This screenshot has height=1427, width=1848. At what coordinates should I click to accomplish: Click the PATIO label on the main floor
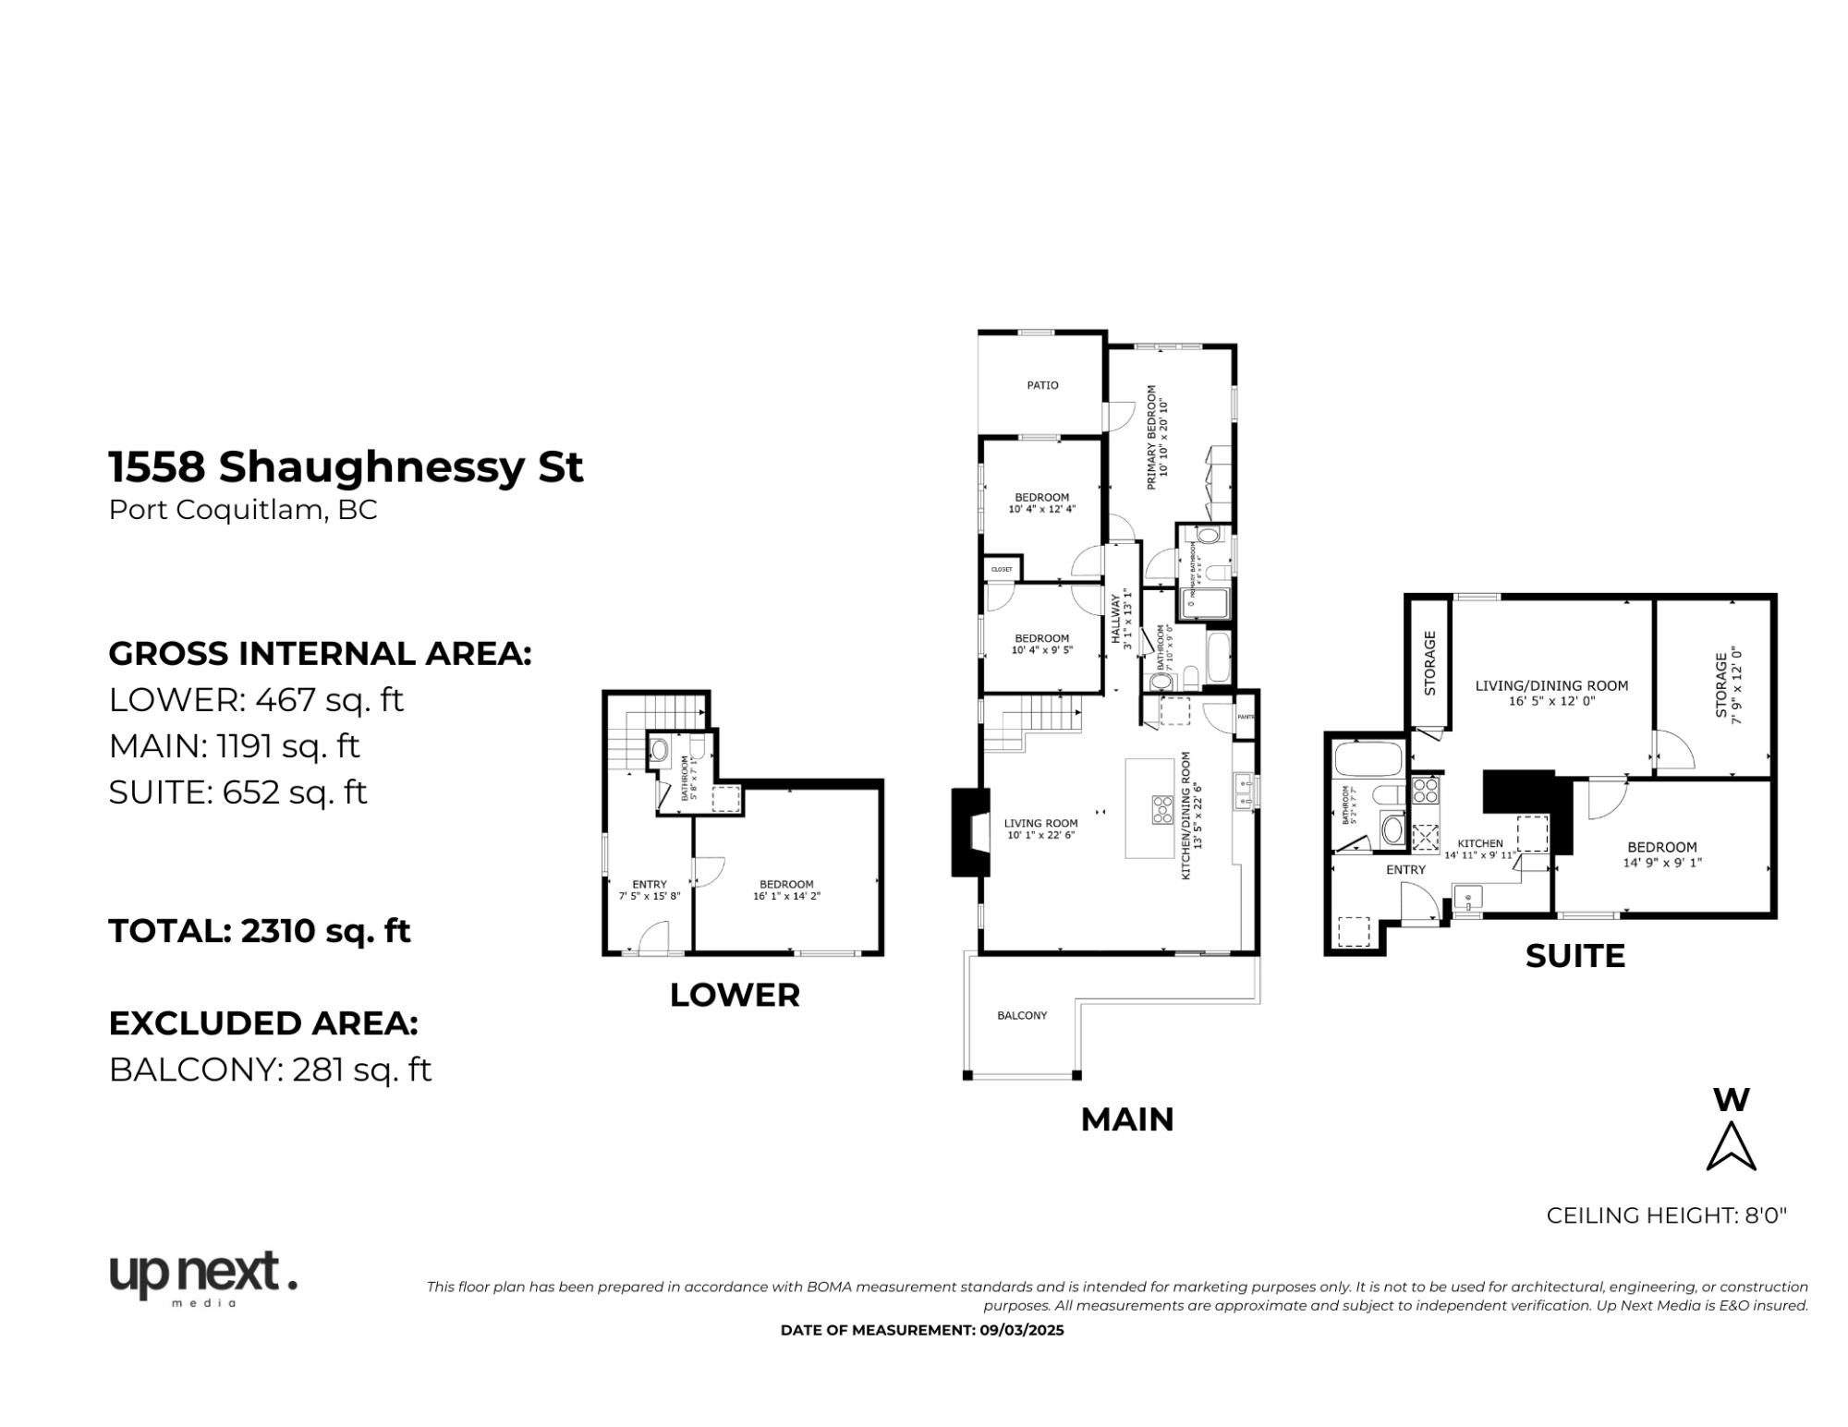tap(1042, 385)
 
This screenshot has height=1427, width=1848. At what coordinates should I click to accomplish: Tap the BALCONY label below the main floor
tap(1022, 1015)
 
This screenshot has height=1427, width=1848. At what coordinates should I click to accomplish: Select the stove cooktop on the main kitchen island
tap(1161, 808)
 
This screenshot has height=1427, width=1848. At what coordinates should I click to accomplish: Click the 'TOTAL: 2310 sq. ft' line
tap(260, 930)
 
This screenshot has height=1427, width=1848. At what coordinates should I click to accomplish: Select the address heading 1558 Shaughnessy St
tap(346, 466)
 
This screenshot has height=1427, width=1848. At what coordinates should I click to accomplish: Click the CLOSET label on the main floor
tap(1002, 569)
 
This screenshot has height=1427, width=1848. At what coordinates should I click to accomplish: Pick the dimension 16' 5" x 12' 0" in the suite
tap(1551, 701)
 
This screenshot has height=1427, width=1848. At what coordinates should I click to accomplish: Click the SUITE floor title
tap(1574, 956)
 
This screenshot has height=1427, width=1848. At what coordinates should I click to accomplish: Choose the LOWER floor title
tap(735, 995)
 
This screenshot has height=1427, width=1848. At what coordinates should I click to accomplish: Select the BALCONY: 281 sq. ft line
tap(270, 1070)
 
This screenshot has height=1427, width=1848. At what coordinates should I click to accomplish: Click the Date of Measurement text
tap(922, 1330)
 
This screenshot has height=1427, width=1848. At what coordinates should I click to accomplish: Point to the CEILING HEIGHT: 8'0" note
tap(1666, 1215)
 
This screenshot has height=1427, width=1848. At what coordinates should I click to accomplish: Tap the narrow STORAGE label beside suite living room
tap(1429, 663)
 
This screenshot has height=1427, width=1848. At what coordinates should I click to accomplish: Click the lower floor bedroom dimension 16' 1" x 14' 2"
tap(786, 896)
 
